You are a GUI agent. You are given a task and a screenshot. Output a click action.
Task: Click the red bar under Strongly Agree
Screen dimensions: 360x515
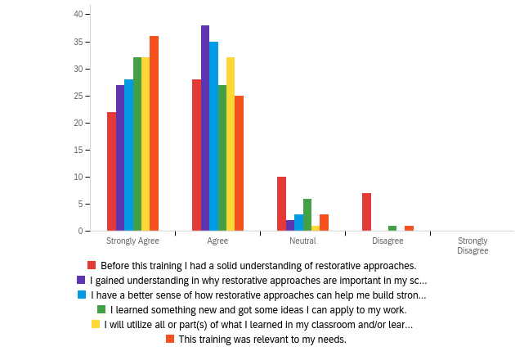pos(111,172)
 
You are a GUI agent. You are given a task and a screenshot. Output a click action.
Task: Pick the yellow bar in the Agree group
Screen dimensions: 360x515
pos(231,145)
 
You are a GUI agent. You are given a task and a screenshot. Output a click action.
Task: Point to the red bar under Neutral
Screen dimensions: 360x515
pos(281,204)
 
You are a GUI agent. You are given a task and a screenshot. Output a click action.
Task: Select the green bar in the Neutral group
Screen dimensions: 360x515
pos(307,215)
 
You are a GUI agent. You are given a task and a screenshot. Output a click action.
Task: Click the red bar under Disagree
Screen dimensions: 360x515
pos(366,212)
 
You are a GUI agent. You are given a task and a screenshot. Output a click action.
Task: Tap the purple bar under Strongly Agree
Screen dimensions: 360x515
pos(120,158)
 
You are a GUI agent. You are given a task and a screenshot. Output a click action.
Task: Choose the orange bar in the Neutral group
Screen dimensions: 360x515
pos(324,223)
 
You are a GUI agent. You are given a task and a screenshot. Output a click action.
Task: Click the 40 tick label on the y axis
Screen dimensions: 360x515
pos(78,15)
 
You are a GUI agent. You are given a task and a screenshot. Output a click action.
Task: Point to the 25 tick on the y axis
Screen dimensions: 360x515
pos(78,96)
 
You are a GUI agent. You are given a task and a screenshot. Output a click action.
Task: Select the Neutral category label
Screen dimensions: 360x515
pos(302,241)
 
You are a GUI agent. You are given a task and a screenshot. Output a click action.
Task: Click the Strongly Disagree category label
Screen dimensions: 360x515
pos(472,245)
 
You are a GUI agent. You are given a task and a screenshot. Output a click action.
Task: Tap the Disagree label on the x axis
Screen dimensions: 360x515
pos(387,241)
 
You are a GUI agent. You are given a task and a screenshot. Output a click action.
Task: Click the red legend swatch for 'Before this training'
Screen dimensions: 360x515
pos(92,265)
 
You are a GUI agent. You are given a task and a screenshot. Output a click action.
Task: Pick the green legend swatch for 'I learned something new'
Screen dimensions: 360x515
pos(101,309)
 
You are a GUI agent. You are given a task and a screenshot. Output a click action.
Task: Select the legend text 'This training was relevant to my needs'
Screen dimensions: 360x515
pos(262,339)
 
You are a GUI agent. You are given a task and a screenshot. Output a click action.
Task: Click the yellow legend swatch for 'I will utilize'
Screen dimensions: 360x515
pos(96,324)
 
